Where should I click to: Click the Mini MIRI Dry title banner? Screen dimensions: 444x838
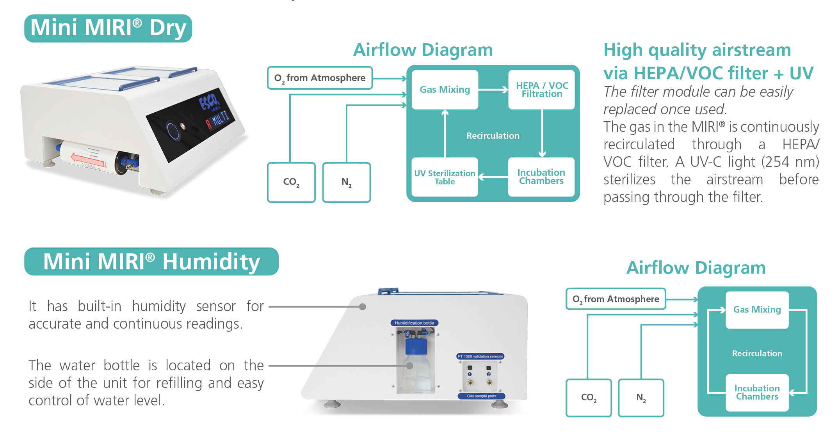(108, 28)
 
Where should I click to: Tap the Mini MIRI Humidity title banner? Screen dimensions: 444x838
(151, 262)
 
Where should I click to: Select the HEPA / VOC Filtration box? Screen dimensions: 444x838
(541, 90)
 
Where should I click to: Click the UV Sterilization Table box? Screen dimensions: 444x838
(445, 177)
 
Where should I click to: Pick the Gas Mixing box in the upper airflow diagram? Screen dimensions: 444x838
(445, 90)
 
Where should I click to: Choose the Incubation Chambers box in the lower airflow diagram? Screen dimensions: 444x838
(757, 393)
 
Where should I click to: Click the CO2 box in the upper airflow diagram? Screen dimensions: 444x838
(291, 182)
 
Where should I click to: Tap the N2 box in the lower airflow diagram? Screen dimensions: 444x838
(641, 398)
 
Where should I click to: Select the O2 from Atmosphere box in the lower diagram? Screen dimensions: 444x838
(616, 299)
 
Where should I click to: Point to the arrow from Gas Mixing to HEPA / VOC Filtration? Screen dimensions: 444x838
(493, 90)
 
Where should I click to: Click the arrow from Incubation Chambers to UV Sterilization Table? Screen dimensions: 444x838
(493, 177)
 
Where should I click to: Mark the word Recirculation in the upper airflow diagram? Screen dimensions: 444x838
(493, 136)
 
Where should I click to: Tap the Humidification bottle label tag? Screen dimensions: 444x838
(414, 323)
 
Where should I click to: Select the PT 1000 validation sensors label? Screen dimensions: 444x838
(480, 356)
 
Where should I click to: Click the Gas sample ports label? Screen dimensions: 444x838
(481, 396)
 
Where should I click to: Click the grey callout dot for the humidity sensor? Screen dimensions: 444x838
(363, 307)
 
